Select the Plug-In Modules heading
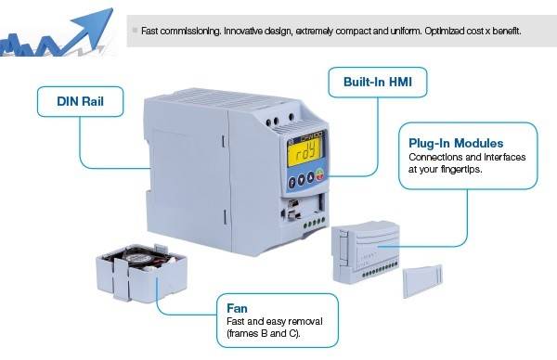click(x=456, y=144)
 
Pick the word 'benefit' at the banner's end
click(x=502, y=31)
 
